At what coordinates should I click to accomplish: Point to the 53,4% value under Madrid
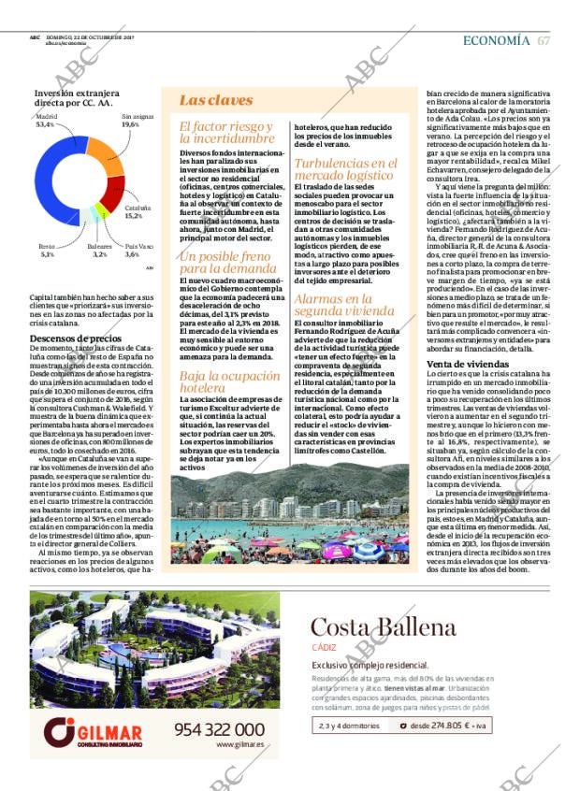coord(45,124)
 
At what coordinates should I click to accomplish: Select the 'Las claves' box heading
coord(203,100)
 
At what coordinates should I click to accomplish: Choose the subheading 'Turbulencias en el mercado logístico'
coord(344,169)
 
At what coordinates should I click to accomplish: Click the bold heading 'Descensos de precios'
coord(76,338)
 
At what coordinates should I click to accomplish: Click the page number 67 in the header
coord(544,40)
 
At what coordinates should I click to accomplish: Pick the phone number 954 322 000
coord(219,729)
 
